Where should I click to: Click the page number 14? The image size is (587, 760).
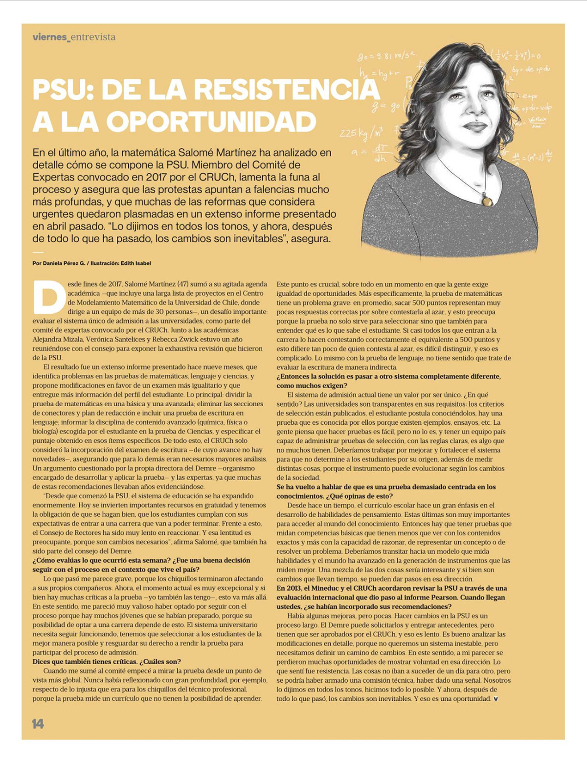click(x=38, y=723)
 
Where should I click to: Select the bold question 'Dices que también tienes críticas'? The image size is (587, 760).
click(x=107, y=661)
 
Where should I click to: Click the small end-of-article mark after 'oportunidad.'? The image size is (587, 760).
click(x=496, y=698)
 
